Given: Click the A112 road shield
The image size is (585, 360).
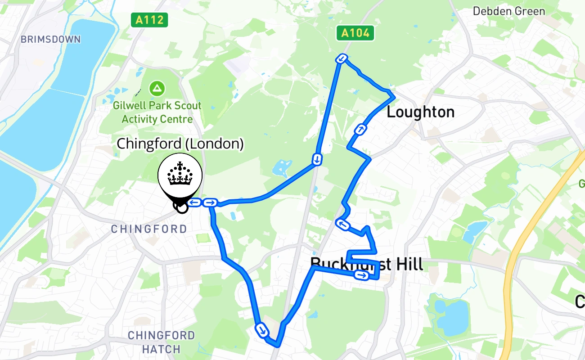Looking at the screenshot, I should [x=150, y=20].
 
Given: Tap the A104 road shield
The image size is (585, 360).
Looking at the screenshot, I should [x=355, y=33].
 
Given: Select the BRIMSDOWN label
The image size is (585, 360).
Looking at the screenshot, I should [x=50, y=39].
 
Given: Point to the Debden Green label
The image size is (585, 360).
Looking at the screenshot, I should [x=508, y=11].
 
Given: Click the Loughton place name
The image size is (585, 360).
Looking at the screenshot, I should [x=420, y=112].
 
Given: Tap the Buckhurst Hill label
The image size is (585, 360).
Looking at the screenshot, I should [x=367, y=264].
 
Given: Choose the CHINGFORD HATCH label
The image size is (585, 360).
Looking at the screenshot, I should [x=161, y=342].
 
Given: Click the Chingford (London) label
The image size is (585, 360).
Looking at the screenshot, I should [x=180, y=144].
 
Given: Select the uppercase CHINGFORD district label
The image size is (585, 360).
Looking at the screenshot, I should [x=149, y=229].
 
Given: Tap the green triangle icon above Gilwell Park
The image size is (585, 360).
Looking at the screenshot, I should [x=157, y=88].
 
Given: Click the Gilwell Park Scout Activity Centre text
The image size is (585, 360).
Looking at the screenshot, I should [x=157, y=112].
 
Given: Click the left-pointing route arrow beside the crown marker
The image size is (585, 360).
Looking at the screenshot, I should [x=194, y=203].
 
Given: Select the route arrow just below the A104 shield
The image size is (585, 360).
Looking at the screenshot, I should [x=342, y=58].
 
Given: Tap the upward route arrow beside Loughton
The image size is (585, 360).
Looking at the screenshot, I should [x=360, y=130].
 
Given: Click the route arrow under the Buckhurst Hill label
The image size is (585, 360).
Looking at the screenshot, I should [x=361, y=275].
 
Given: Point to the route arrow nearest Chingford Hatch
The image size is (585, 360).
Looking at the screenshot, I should [x=261, y=330].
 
